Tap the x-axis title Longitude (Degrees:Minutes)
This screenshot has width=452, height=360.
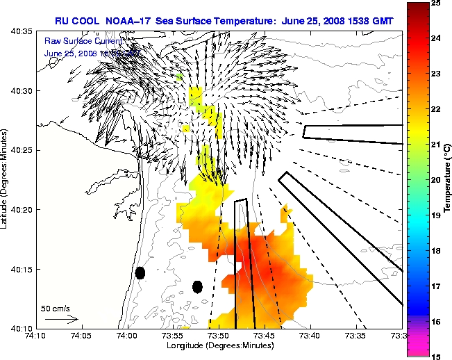click(x=219, y=345)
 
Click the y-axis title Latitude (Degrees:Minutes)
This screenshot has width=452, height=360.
click(x=6, y=179)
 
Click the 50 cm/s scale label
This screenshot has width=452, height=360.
click(x=55, y=308)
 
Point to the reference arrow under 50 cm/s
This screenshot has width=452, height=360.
click(x=61, y=319)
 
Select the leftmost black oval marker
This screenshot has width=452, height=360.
click(x=140, y=273)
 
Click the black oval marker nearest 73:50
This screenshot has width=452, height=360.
click(x=197, y=286)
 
